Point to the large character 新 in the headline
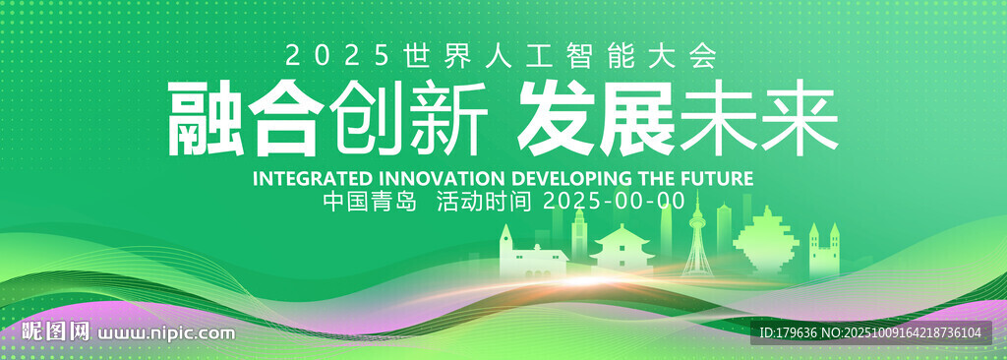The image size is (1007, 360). [x=445, y=119]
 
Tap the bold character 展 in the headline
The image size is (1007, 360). [x=636, y=119]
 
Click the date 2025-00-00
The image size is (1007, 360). [x=615, y=202]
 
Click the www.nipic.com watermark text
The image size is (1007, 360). [x=165, y=333]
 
